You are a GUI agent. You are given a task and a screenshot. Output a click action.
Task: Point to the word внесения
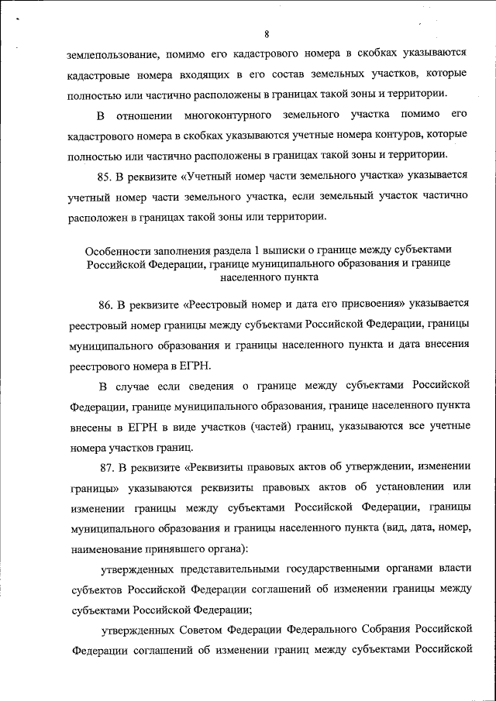(442, 342)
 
